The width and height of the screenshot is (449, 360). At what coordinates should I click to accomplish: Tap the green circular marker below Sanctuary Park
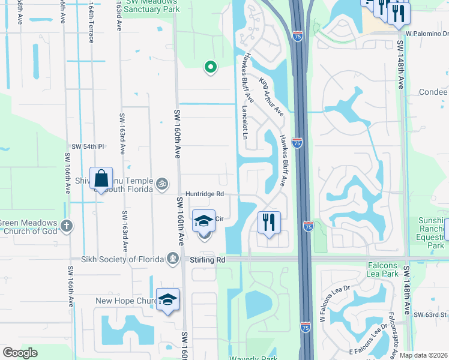[x=210, y=68]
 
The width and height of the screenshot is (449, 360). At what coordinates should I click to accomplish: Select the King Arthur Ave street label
[x=271, y=95]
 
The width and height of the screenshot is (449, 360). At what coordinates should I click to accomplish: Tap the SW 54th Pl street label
[x=88, y=146]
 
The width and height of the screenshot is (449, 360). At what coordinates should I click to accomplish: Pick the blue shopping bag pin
[x=101, y=178]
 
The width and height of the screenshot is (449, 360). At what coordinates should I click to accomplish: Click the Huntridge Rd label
[x=204, y=194]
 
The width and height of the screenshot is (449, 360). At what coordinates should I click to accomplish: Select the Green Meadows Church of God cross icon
[x=67, y=226]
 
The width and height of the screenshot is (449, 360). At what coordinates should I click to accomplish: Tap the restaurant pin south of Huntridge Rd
[x=268, y=222]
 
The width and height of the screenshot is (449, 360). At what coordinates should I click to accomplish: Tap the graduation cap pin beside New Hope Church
[x=168, y=300]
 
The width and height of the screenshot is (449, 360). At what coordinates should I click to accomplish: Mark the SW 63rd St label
[x=431, y=314]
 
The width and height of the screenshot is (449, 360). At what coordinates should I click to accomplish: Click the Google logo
[x=20, y=353]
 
